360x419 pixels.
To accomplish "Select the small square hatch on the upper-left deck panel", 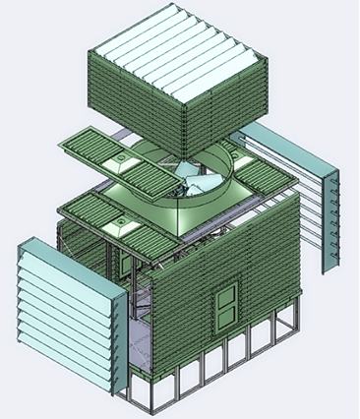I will click(x=124, y=156).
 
